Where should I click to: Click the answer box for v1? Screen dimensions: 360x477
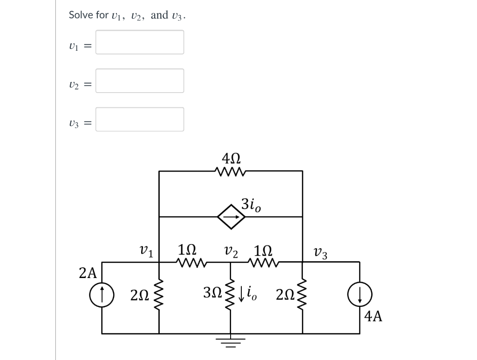[140, 42]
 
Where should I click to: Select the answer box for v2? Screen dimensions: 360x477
[140, 81]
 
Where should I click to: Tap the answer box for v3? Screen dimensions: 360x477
[140, 120]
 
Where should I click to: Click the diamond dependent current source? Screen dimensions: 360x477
[231, 217]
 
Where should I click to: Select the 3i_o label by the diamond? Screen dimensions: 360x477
[251, 205]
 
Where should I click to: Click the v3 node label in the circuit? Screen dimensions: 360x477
[321, 254]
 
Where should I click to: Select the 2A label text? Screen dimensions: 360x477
[88, 273]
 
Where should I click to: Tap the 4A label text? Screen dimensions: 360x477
[374, 317]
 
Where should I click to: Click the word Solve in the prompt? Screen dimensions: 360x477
[78, 15]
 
